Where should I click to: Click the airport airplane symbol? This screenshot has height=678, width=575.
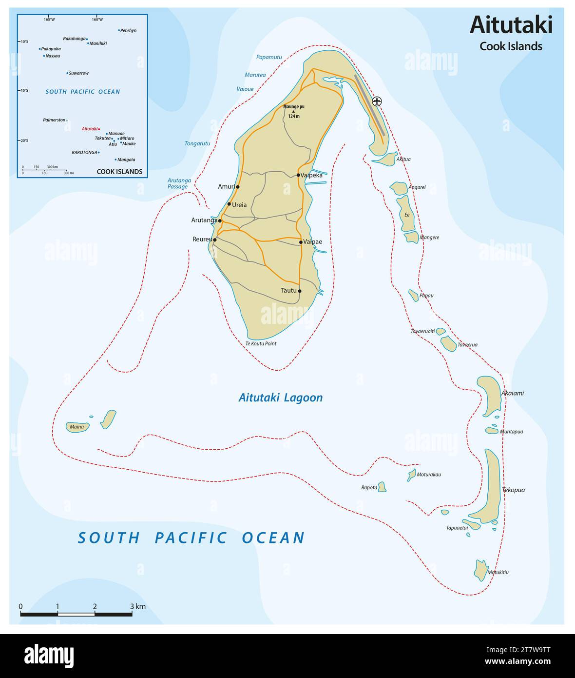click(377, 101)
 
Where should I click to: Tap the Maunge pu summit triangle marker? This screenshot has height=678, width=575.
click(293, 111)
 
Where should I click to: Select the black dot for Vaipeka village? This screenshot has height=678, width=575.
click(298, 175)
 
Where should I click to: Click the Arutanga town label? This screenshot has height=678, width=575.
click(204, 220)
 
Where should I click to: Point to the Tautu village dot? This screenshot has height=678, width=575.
click(300, 291)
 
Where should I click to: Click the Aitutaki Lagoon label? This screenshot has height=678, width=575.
click(280, 398)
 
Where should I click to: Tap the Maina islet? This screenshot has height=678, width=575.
click(77, 427)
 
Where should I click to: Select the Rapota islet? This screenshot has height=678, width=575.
click(382, 487)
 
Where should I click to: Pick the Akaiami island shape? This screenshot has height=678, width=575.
click(490, 394)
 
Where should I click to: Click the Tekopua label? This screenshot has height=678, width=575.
click(513, 490)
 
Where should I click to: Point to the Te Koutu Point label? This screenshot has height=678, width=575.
click(261, 344)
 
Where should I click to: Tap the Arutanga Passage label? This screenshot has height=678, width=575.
click(179, 183)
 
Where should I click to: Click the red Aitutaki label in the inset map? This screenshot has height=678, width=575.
click(89, 129)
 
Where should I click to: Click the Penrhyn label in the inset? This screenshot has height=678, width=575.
click(129, 30)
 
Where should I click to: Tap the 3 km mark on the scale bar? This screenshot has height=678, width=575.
click(132, 614)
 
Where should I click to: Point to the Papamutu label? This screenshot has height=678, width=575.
click(269, 57)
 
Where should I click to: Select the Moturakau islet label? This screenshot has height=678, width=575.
click(429, 474)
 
